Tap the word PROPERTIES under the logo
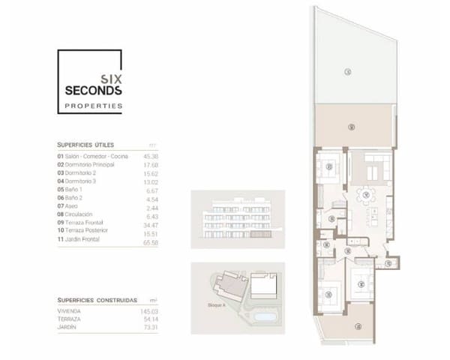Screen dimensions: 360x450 pos(94,106)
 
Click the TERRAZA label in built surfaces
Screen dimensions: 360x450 pos(70,319)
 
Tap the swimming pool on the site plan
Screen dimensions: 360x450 pos(264,317)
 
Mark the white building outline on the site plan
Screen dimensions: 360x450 pos(262,285)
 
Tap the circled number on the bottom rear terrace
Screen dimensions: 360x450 pos(358,325)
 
